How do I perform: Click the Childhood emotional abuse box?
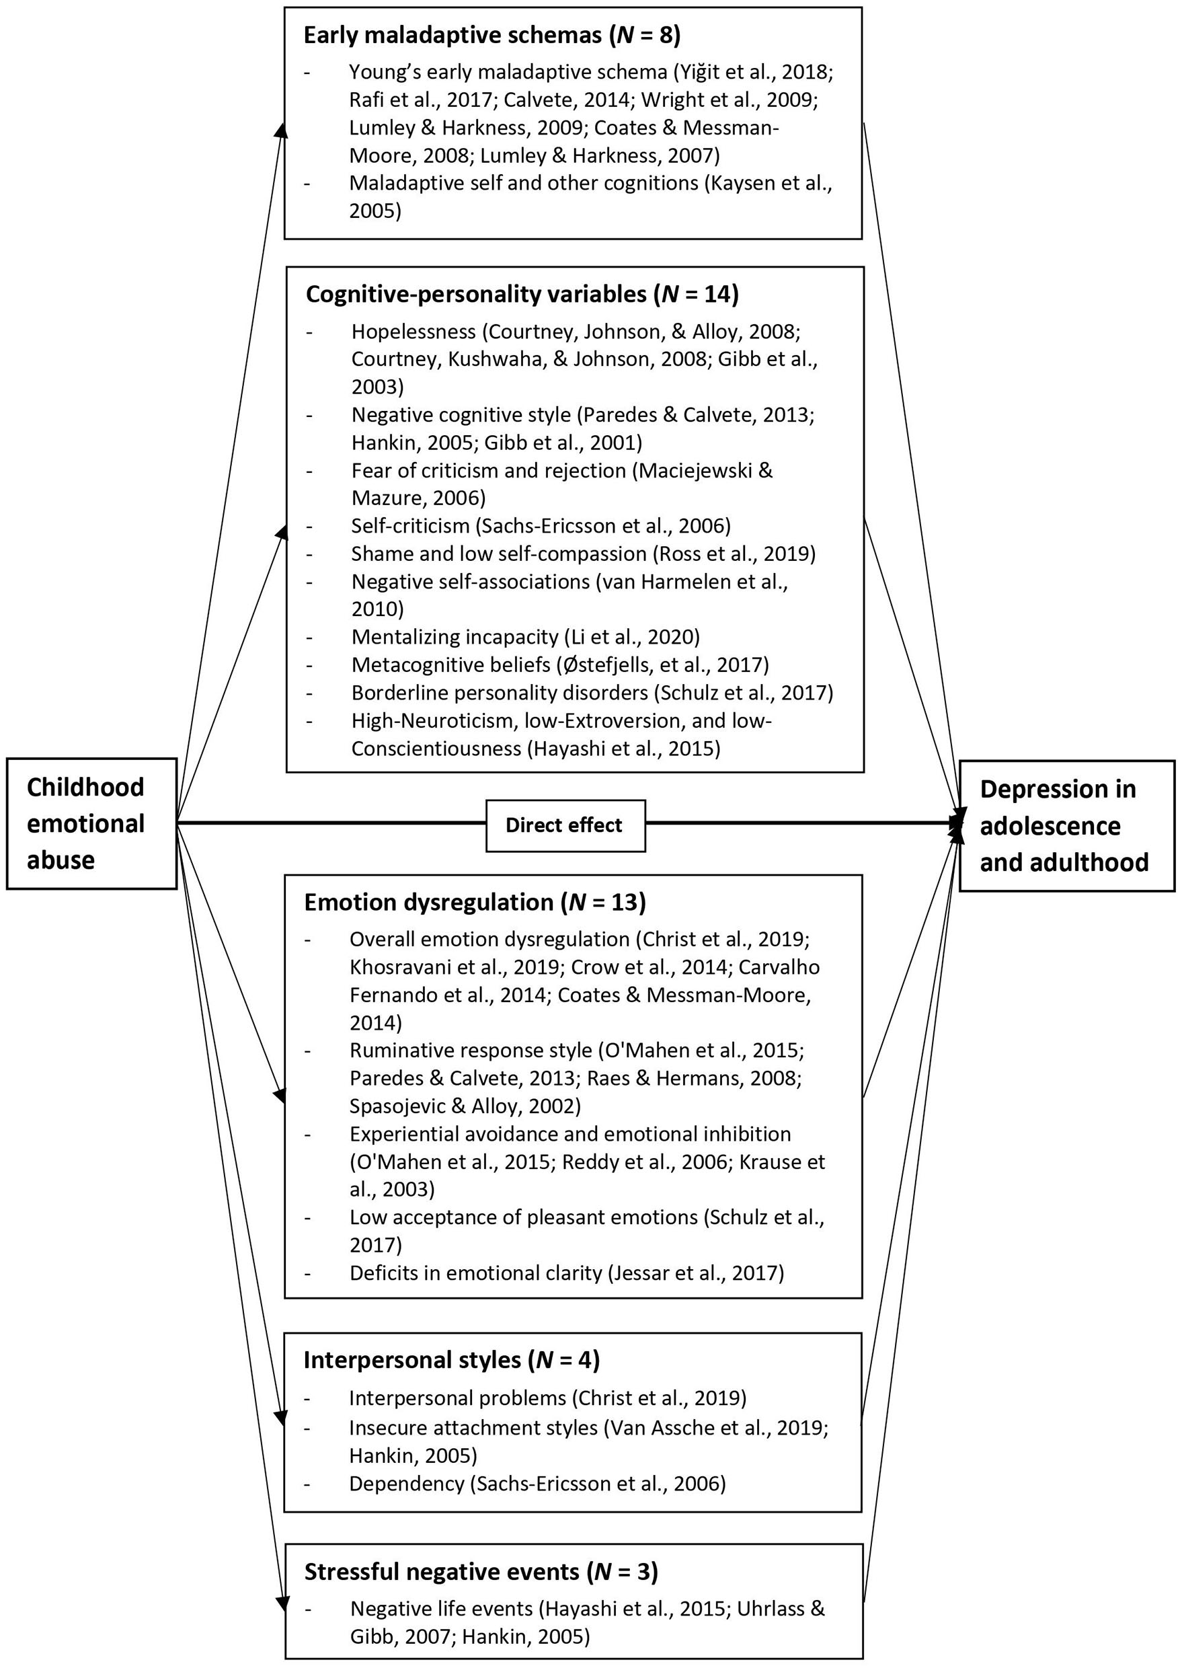coord(91,823)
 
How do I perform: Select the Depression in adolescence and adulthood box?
coord(1066,826)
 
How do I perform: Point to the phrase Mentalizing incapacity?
coord(455,636)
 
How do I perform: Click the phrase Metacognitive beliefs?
coord(450,664)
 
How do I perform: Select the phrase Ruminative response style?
coord(470,1050)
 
